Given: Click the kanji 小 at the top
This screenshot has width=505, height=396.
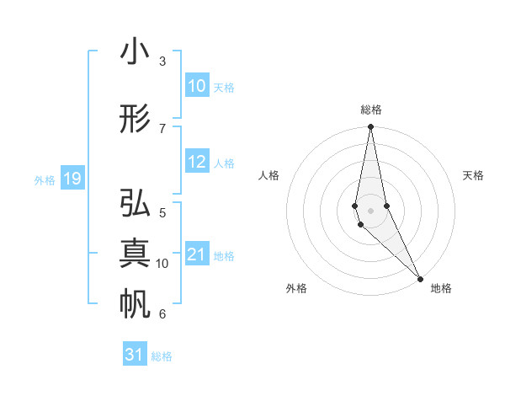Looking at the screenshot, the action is (x=135, y=52).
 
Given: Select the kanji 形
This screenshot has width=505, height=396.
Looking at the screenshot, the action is (x=135, y=118).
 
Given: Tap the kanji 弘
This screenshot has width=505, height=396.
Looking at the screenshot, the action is (x=135, y=204).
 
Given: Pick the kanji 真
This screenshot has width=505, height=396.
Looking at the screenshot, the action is (x=135, y=253).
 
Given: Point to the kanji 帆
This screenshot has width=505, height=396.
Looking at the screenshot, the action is (x=135, y=303).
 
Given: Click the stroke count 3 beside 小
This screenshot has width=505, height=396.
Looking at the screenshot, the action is (x=162, y=62).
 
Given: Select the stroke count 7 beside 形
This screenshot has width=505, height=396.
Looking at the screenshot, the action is (x=162, y=127).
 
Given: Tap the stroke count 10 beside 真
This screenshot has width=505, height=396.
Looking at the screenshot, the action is (x=162, y=263).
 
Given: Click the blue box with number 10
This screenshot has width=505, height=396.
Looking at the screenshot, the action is (x=196, y=86).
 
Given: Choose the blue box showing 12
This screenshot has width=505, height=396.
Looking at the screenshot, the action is (x=196, y=162).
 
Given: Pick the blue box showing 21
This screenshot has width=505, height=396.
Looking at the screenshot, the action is (x=196, y=254).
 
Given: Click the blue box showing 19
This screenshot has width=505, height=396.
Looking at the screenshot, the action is (x=72, y=179).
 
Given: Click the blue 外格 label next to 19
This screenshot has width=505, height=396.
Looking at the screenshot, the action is (x=45, y=179).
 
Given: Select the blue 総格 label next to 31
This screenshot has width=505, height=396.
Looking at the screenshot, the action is (x=162, y=356).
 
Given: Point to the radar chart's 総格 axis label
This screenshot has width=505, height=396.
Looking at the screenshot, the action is (x=370, y=110).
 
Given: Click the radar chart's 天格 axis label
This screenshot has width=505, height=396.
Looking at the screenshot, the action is (x=473, y=175).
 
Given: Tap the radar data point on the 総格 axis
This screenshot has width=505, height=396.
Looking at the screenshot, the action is (x=370, y=127).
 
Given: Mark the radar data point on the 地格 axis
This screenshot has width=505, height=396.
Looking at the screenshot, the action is (x=420, y=277).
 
